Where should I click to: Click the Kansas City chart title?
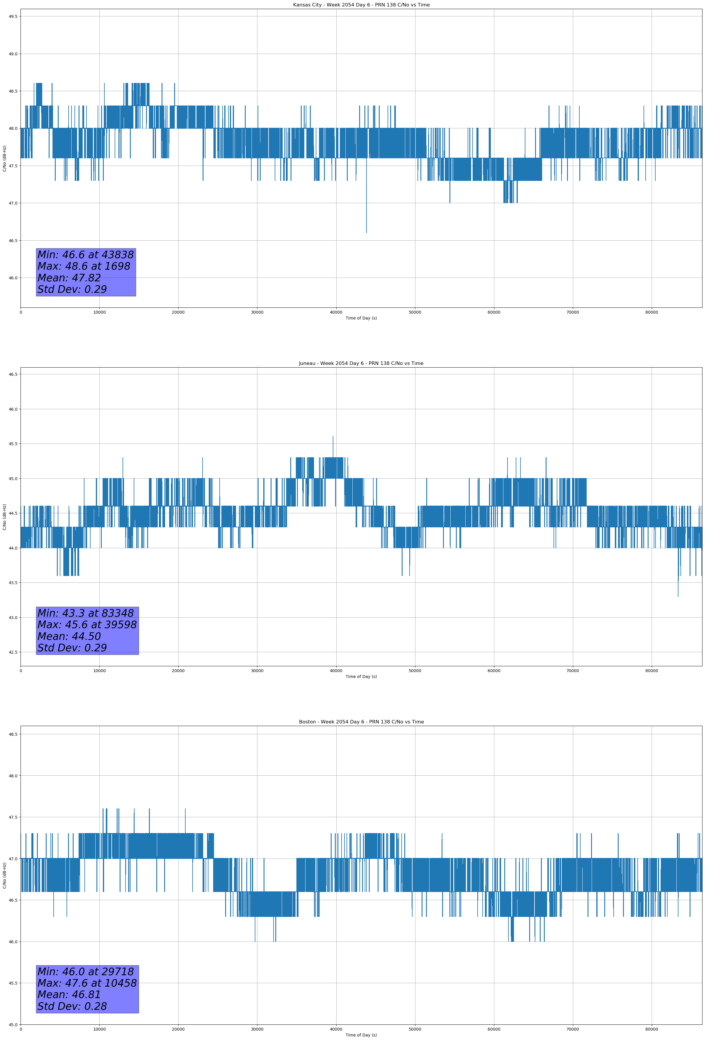coord(361,5)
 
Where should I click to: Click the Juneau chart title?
coord(361,363)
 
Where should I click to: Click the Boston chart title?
coord(361,722)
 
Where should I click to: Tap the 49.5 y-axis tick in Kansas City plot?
coord(13,16)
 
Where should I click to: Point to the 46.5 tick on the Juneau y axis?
coord(13,374)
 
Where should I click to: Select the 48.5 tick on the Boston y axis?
coord(13,734)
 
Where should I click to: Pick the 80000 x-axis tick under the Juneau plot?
coord(651,671)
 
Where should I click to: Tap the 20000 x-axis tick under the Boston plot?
coord(178,1029)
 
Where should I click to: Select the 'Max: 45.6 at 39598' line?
coord(87,625)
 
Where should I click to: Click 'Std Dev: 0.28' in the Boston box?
coord(72,1006)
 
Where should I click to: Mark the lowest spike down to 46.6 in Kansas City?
coord(366,232)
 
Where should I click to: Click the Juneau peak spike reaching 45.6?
coord(333,437)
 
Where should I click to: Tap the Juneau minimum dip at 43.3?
coord(678,595)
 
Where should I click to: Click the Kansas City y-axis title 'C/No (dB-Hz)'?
coord(4,158)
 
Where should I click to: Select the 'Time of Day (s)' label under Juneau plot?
coord(361,677)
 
